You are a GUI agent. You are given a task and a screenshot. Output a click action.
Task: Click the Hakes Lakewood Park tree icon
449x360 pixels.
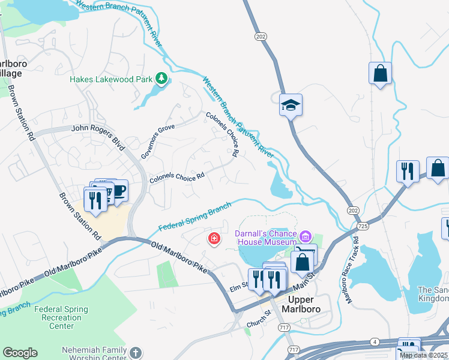(161, 79)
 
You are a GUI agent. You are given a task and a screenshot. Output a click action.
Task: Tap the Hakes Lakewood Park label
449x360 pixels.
(111, 79)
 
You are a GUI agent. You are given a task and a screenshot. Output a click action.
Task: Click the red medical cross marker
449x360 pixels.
(213, 239)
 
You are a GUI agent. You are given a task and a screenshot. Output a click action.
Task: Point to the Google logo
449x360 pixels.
(20, 353)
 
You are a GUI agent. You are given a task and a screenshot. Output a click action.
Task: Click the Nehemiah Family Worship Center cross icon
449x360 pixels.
(136, 352)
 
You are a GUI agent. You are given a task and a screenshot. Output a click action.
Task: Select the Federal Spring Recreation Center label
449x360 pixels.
(62, 317)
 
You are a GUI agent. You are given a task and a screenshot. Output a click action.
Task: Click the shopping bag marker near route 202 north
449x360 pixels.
(380, 74)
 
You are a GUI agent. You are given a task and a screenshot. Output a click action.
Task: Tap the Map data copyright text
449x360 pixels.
(424, 355)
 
